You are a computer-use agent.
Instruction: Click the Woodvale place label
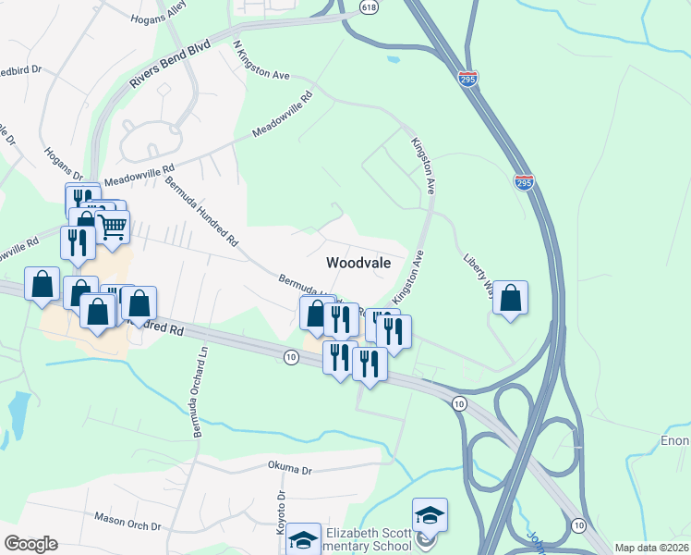click(x=358, y=263)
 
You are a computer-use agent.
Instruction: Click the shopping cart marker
click(x=113, y=226)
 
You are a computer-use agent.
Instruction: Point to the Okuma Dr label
click(x=291, y=467)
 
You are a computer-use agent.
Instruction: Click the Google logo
click(x=30, y=544)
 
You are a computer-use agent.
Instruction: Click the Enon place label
click(x=676, y=441)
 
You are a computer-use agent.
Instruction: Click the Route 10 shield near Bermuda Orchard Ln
click(x=291, y=357)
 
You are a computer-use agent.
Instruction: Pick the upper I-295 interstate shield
click(x=469, y=80)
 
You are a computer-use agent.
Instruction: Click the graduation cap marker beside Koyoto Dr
click(x=303, y=539)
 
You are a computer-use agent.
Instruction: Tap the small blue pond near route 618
click(x=394, y=60)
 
